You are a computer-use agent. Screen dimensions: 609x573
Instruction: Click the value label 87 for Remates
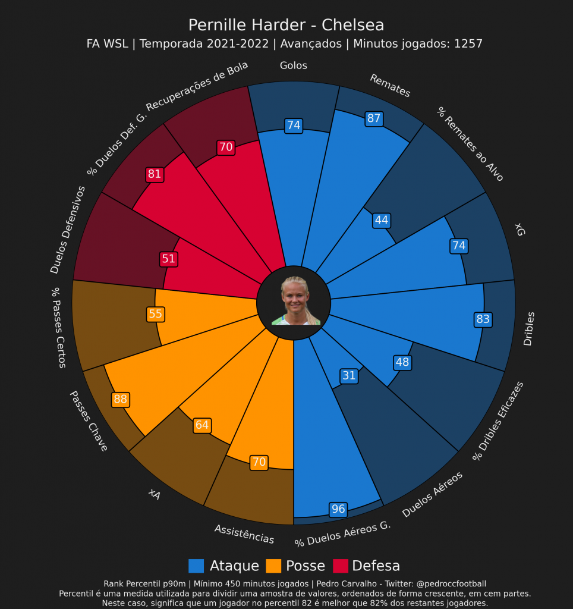click(x=373, y=118)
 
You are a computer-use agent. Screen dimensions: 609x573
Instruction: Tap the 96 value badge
click(x=338, y=509)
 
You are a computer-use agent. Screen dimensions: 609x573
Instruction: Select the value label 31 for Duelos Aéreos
click(x=349, y=376)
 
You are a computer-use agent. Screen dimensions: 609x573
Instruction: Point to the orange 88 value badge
click(x=120, y=400)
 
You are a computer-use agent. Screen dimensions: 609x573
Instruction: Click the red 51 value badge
click(x=168, y=259)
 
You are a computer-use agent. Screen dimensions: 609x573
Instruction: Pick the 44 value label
click(x=381, y=221)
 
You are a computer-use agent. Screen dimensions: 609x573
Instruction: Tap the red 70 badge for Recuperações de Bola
click(x=226, y=147)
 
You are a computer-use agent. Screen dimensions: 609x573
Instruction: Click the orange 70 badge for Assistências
click(x=259, y=462)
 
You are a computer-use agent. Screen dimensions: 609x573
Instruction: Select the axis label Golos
click(x=294, y=66)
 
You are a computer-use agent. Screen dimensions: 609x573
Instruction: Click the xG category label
click(x=520, y=230)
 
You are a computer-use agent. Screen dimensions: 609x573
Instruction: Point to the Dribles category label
click(x=528, y=328)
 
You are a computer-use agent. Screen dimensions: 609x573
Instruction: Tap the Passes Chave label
click(x=89, y=420)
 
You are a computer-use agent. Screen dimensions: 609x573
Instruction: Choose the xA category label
click(x=155, y=494)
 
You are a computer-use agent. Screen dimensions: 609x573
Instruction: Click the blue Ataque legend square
click(x=196, y=566)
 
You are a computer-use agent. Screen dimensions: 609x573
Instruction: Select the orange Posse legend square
click(x=273, y=566)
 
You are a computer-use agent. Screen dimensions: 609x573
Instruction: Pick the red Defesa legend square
click(x=340, y=566)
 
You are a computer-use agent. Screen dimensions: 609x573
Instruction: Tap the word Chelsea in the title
click(x=352, y=26)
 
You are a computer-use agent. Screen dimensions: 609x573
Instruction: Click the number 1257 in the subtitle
click(x=468, y=44)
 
